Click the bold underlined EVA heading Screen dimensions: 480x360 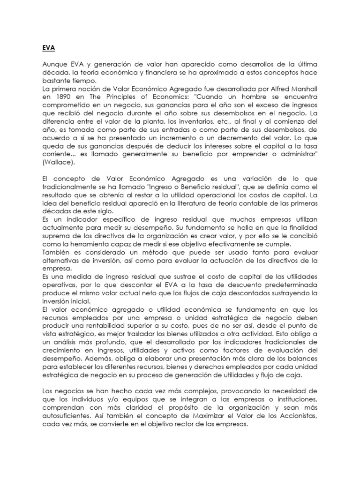(43, 47)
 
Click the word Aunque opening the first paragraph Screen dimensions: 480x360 (52, 64)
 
